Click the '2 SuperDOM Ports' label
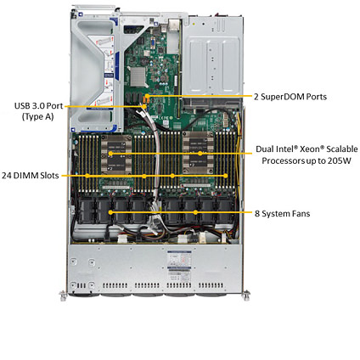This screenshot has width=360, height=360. (x=290, y=97)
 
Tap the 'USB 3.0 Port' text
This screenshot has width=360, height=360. (x=38, y=106)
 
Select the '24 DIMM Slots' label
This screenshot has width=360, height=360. (x=31, y=176)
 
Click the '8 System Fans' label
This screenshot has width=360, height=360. (x=282, y=213)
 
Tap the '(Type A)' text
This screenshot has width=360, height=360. (x=37, y=116)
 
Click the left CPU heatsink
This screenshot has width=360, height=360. (x=116, y=155)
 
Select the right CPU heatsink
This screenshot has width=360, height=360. (x=198, y=153)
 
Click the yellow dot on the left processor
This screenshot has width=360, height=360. (x=110, y=154)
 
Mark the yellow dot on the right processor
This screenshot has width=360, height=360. (x=200, y=154)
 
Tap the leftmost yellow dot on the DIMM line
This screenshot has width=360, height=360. (x=87, y=176)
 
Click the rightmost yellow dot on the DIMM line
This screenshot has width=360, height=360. (x=225, y=176)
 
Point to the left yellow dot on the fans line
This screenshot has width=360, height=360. (x=110, y=212)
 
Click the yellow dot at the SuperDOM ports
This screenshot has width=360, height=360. (x=148, y=97)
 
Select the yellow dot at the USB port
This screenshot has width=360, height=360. (x=145, y=107)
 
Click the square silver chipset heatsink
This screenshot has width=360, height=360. (x=138, y=76)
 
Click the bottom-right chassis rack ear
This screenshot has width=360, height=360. (x=246, y=295)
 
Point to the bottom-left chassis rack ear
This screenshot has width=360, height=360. (x=63, y=295)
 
